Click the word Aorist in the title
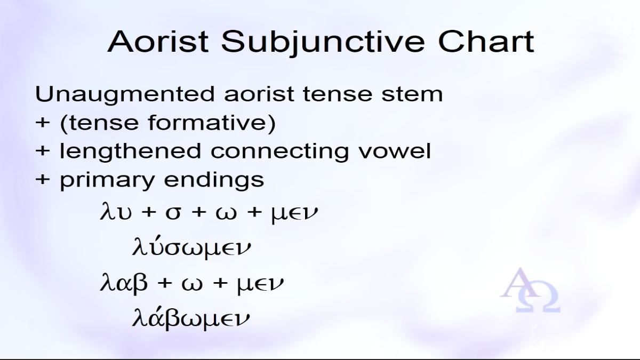[x=158, y=42]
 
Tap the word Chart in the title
[x=486, y=42]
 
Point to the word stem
[x=412, y=94]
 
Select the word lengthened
[x=130, y=151]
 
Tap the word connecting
[x=279, y=151]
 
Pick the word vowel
[x=395, y=151]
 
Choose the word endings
[x=214, y=181]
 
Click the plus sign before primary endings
[x=43, y=180]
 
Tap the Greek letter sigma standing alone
[x=173, y=213]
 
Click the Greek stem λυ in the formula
[x=116, y=211]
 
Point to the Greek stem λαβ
[x=124, y=283]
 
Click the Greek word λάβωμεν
[x=191, y=318]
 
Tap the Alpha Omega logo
[x=530, y=290]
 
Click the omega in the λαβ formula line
[x=192, y=284]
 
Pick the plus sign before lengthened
[x=43, y=151]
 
